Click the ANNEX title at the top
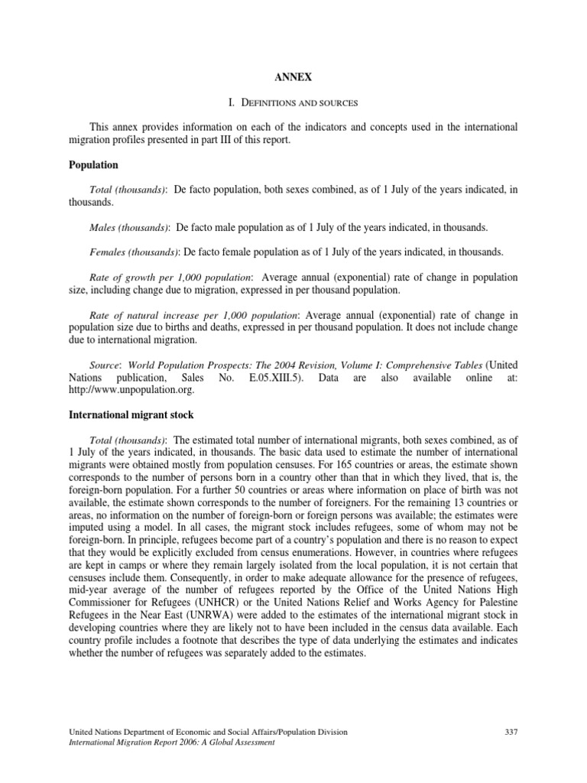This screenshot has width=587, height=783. [293, 76]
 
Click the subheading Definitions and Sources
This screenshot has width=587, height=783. [293, 101]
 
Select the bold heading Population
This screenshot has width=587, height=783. [93, 164]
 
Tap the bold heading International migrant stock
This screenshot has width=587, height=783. [131, 414]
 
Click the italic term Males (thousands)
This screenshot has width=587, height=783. [128, 228]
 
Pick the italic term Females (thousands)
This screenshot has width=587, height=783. [134, 252]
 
